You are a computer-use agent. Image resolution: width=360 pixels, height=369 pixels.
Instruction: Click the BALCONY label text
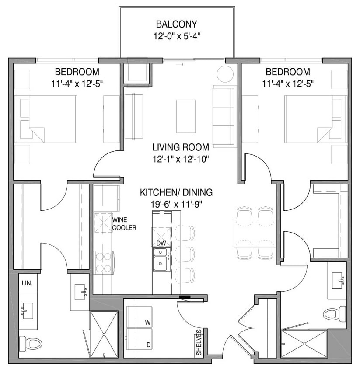(x=176, y=24)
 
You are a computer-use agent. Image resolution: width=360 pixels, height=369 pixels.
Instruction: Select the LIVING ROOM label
(x=180, y=147)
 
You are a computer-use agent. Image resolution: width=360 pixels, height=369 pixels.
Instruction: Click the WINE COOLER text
(x=124, y=223)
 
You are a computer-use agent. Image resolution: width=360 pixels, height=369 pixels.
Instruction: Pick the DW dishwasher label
(x=161, y=243)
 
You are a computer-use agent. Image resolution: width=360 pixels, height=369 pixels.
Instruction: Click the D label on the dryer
(x=148, y=345)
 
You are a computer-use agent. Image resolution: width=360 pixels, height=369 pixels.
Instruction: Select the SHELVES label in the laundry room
(x=199, y=342)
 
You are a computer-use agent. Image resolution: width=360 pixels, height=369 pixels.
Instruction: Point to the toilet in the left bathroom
(x=31, y=343)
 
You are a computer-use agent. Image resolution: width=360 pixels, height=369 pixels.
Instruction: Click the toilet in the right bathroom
(x=335, y=313)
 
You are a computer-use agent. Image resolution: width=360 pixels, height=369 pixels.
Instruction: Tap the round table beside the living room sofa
(x=226, y=74)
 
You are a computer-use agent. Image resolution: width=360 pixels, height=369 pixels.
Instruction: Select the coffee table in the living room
(x=186, y=116)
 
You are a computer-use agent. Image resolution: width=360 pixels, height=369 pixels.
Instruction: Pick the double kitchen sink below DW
(x=161, y=259)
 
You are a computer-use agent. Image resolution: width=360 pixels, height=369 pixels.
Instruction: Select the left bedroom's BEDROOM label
(x=77, y=72)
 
